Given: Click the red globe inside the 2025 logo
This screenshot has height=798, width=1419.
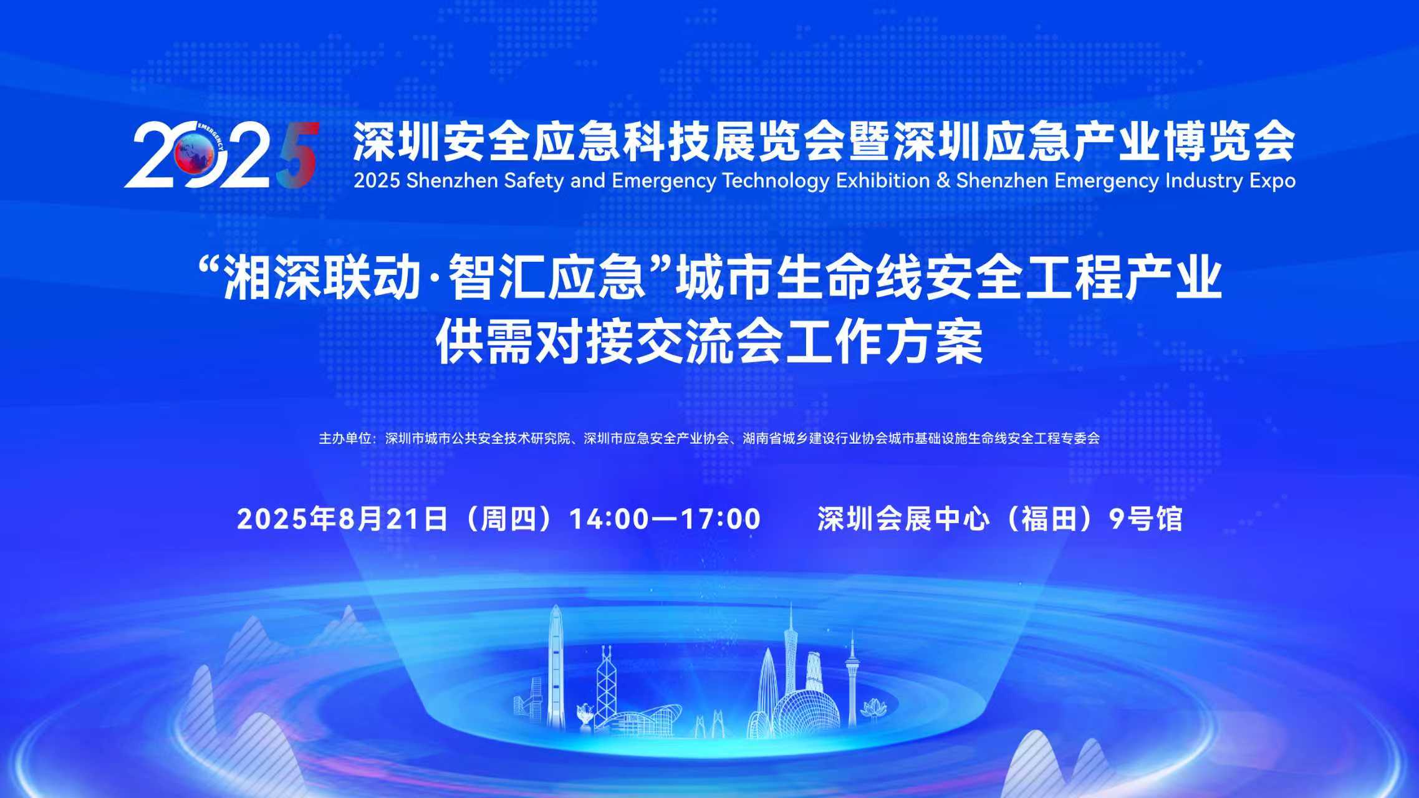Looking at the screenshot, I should pos(191,154).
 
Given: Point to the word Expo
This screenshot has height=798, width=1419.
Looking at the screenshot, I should pos(1272,181).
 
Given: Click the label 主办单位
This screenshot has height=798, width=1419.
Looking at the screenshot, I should pos(345,439).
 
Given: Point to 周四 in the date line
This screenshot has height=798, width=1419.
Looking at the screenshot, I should pos(507,519).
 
